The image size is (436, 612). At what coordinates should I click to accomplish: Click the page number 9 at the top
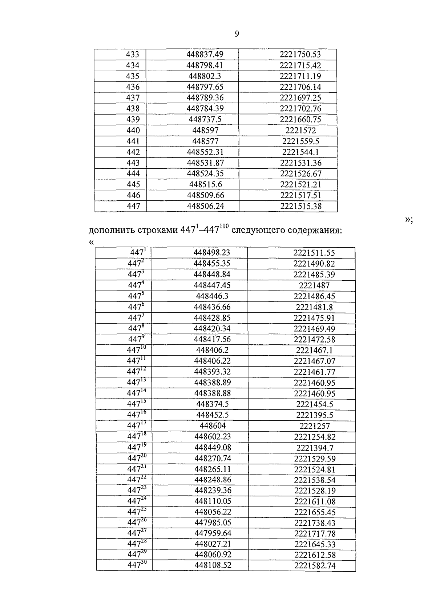[x=237, y=34]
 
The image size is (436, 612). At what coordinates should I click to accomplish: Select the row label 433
[x=133, y=55]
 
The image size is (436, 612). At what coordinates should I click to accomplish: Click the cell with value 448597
[x=205, y=131]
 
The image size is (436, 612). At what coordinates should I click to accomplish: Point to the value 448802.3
[x=205, y=76]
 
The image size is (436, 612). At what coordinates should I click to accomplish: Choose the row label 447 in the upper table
[x=133, y=206]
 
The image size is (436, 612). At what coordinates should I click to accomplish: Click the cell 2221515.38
[x=301, y=206]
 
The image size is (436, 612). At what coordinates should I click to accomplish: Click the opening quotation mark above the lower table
[x=91, y=242]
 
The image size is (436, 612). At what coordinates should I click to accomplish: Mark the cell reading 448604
[x=213, y=426]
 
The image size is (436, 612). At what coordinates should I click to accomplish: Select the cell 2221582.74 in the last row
[x=315, y=566]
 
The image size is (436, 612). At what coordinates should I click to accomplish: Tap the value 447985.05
[x=213, y=523]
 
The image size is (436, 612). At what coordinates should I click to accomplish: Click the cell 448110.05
[x=213, y=501]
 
